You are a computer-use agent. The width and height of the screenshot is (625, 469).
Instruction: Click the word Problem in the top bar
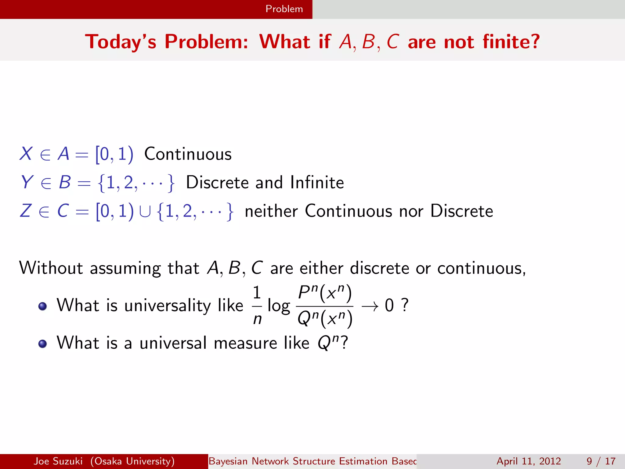284,9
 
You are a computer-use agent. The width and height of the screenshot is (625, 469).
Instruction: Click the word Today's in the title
121,42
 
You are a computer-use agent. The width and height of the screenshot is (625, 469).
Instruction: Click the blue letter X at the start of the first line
26,154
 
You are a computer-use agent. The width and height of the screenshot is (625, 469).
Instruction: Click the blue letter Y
27,182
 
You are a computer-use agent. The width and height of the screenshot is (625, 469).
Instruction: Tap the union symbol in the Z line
145,212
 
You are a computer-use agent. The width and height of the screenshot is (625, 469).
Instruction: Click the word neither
271,211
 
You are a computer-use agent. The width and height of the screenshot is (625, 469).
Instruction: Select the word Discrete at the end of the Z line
461,211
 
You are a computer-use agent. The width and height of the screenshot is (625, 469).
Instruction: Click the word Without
51,268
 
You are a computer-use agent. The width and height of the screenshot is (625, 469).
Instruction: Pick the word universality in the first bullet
167,305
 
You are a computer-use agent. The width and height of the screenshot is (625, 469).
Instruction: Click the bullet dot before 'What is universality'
43,306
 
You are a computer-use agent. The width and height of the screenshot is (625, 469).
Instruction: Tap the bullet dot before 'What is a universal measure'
43,344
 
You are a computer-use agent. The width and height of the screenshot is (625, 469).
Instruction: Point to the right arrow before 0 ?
370,306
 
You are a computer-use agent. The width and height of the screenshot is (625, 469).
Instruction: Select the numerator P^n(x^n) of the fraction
325,293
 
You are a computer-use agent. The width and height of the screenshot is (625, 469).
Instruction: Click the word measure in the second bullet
245,343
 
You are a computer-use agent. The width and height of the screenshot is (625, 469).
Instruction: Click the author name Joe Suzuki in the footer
58,461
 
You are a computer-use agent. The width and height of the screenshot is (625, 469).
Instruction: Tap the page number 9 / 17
601,461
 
